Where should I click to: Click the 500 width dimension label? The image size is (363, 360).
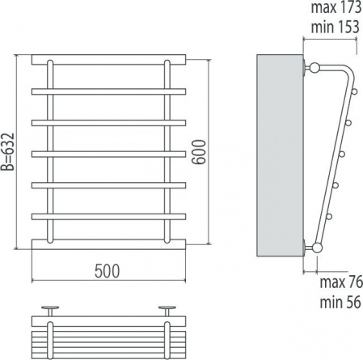click(107, 271)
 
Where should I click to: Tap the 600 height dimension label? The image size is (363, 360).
click(199, 151)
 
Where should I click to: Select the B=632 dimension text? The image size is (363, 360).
click(7, 152)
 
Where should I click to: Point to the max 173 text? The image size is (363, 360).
click(336, 7)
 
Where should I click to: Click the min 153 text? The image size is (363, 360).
click(336, 27)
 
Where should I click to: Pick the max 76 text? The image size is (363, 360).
click(341, 282)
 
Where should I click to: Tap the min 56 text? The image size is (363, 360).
click(340, 302)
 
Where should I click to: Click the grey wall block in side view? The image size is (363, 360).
click(280, 155)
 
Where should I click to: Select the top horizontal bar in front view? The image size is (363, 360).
click(108, 60)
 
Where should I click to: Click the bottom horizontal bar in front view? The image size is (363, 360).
click(108, 244)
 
